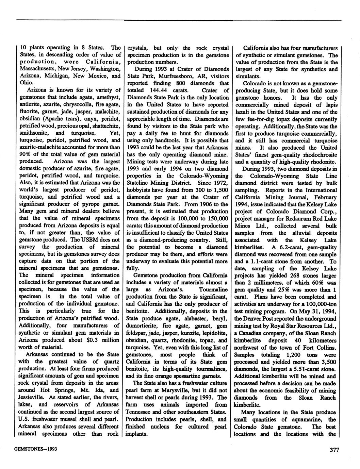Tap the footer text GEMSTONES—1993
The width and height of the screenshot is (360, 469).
point(35,449)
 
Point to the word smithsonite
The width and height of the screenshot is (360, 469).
point(33,133)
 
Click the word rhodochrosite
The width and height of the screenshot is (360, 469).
point(318,155)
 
